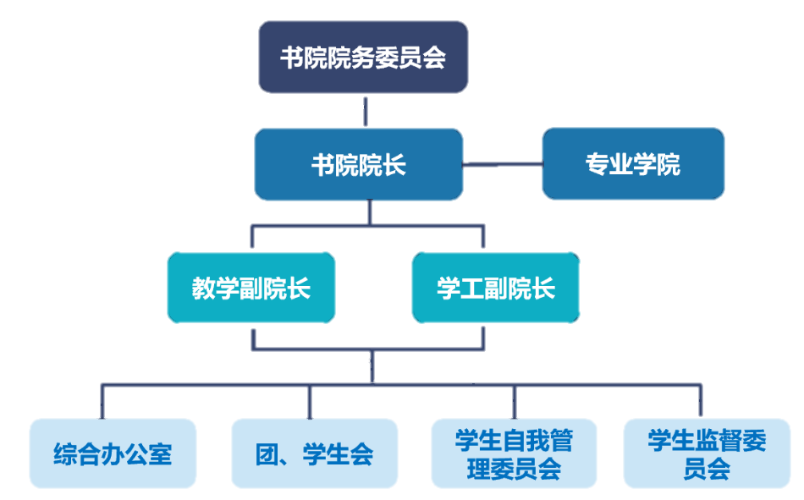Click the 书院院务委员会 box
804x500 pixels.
click(363, 58)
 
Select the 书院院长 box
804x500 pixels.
click(359, 164)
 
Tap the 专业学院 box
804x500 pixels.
click(633, 164)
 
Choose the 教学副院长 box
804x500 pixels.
click(251, 288)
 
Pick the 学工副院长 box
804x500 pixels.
click(496, 288)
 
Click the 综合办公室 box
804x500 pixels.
click(113, 453)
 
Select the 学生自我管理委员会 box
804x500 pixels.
click(514, 453)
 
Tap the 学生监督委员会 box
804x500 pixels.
click(707, 453)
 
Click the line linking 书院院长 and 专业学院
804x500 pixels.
click(503, 164)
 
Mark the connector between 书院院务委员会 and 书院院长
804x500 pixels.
click(365, 110)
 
